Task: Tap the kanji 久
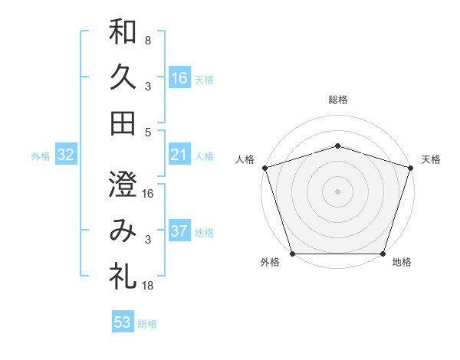(123, 77)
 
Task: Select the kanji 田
(123, 123)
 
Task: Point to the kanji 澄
(123, 185)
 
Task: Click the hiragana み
(123, 231)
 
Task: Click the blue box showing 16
(179, 77)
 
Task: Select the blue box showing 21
(179, 155)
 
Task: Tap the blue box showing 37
(179, 231)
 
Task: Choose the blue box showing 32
(66, 155)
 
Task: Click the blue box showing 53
(123, 322)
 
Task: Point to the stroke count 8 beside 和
(147, 40)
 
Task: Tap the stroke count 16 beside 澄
(148, 193)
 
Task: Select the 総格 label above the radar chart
(337, 100)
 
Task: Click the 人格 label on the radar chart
(245, 159)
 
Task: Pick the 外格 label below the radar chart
(270, 263)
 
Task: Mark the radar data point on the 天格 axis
(410, 168)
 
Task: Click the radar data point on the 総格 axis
(337, 146)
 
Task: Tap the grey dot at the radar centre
(337, 191)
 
